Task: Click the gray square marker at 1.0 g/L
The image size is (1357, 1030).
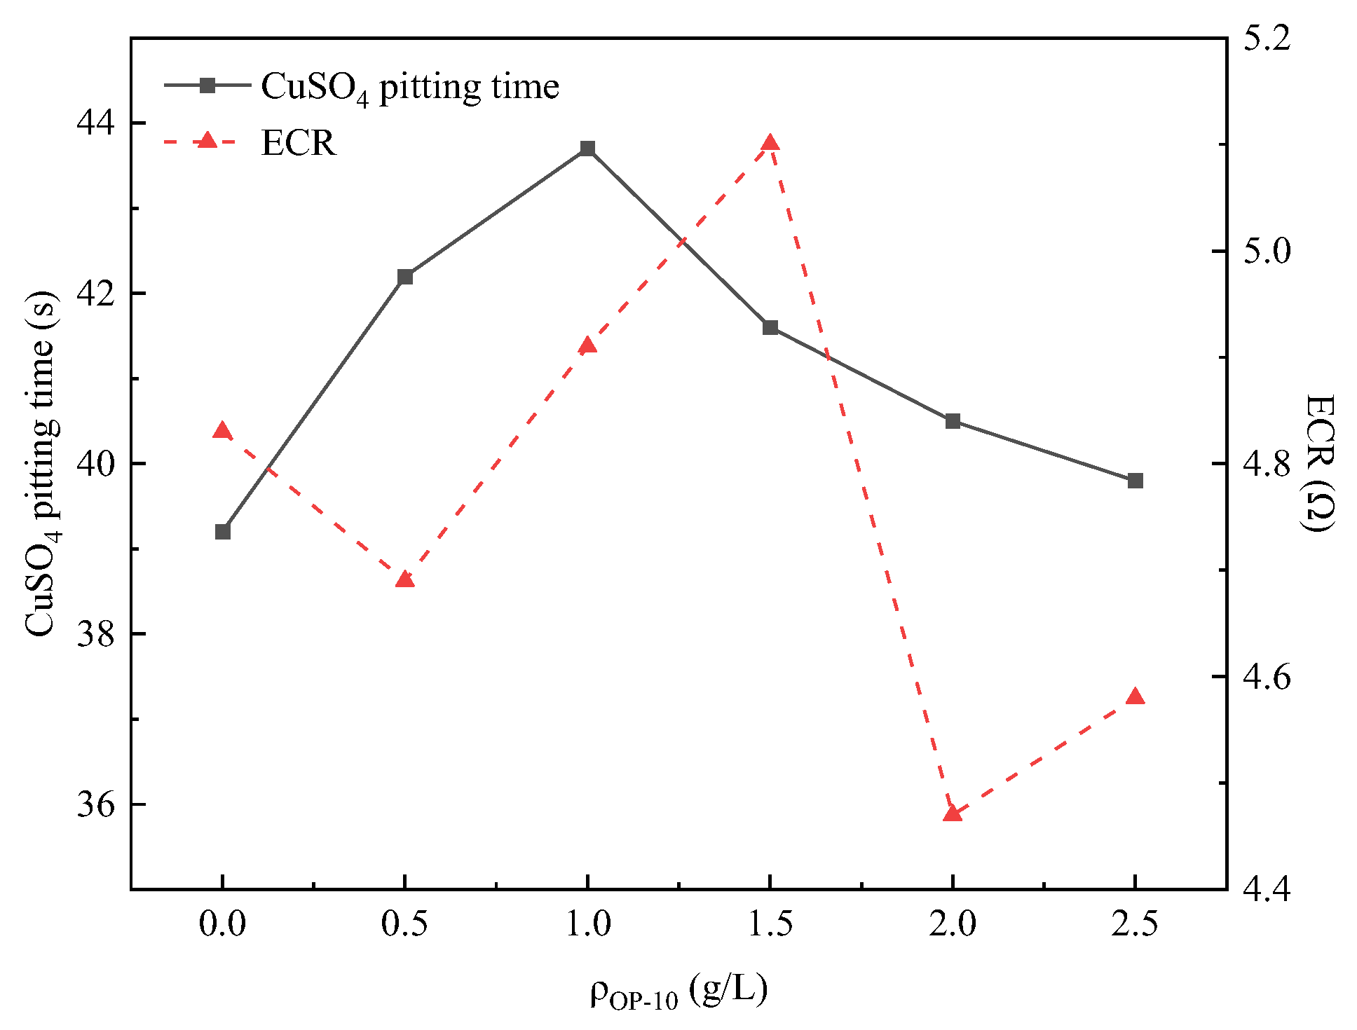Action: tap(587, 149)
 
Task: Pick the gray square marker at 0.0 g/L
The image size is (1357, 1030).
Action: tap(223, 532)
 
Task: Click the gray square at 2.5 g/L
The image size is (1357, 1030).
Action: tap(1136, 481)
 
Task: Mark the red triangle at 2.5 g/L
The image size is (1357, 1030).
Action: tap(1136, 696)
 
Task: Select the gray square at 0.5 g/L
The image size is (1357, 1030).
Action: tap(405, 277)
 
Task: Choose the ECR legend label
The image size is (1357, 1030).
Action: tap(299, 143)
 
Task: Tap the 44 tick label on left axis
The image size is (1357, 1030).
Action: tap(95, 123)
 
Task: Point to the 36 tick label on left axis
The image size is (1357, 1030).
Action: tap(95, 804)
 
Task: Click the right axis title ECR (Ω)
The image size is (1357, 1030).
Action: tap(1319, 462)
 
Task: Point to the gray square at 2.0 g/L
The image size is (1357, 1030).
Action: tap(953, 421)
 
